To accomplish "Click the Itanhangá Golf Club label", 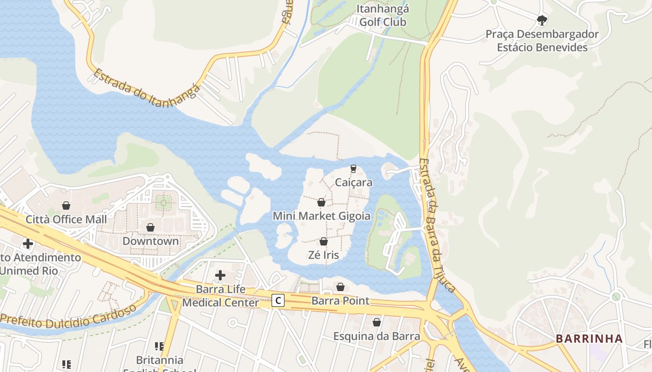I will coord(382,15).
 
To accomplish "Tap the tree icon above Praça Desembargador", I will coord(542,20).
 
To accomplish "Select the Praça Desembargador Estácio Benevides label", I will coord(542,41).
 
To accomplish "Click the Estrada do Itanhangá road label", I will coord(147,88).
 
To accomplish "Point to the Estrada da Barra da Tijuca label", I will coord(436,225).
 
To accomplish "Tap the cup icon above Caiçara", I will coord(353,168).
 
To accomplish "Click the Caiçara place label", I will coord(353,182).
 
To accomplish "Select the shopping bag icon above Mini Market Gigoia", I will coord(321,202).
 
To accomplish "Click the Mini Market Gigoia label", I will coord(321,216).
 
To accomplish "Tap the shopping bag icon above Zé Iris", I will coord(324,241).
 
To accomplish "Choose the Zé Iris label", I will coord(324,255).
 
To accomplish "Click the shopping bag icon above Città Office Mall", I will coord(66,206).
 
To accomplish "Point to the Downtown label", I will coord(150,241).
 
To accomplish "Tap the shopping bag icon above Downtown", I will coord(150,227).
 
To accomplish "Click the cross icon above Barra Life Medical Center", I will coord(220,275).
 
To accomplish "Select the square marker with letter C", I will coord(278,301).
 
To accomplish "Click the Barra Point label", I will coord(340,301).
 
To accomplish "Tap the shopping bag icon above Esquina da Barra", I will coord(377,322).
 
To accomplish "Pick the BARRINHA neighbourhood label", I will coord(589,339).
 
